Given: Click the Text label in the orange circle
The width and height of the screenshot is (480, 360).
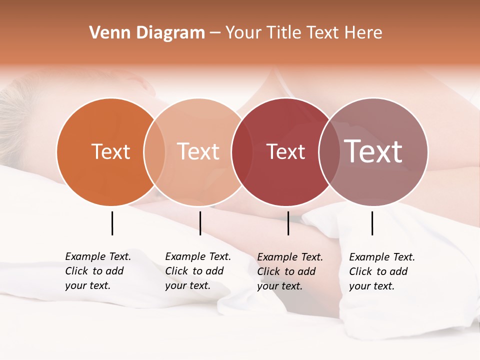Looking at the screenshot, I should (110, 152).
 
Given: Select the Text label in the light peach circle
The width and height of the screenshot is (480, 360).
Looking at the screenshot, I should (198, 152).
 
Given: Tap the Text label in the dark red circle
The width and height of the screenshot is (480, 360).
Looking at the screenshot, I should (285, 152).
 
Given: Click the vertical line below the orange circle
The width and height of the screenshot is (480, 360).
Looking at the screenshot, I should (112, 223).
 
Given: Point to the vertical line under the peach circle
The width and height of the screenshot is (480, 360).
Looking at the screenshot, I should (200, 223).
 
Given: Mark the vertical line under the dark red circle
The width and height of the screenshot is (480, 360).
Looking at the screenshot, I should (288, 223).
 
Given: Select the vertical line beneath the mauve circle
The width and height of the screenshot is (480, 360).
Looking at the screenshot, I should (372, 223).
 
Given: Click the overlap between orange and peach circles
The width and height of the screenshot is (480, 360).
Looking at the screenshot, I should (154, 152).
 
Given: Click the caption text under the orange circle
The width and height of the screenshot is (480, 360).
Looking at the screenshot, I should (98, 271).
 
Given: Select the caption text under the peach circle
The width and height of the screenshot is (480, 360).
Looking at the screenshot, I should (198, 271).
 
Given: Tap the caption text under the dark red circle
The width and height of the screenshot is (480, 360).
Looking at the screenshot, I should (290, 271).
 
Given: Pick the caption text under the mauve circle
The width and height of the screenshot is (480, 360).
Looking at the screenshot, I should (382, 271).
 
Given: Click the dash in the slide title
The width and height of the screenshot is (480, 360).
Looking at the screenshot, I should (215, 33).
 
